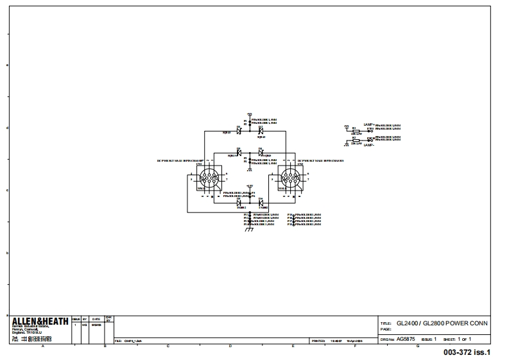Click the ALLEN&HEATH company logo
(x=40, y=321)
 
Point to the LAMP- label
(x=368, y=146)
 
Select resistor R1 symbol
(x=354, y=130)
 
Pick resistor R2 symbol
(x=354, y=139)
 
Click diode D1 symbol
(x=239, y=131)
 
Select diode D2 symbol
(x=261, y=131)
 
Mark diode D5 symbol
(x=239, y=203)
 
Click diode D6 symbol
(x=261, y=203)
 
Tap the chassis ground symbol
(x=250, y=230)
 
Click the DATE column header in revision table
(x=95, y=318)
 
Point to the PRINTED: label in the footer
(x=318, y=341)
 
